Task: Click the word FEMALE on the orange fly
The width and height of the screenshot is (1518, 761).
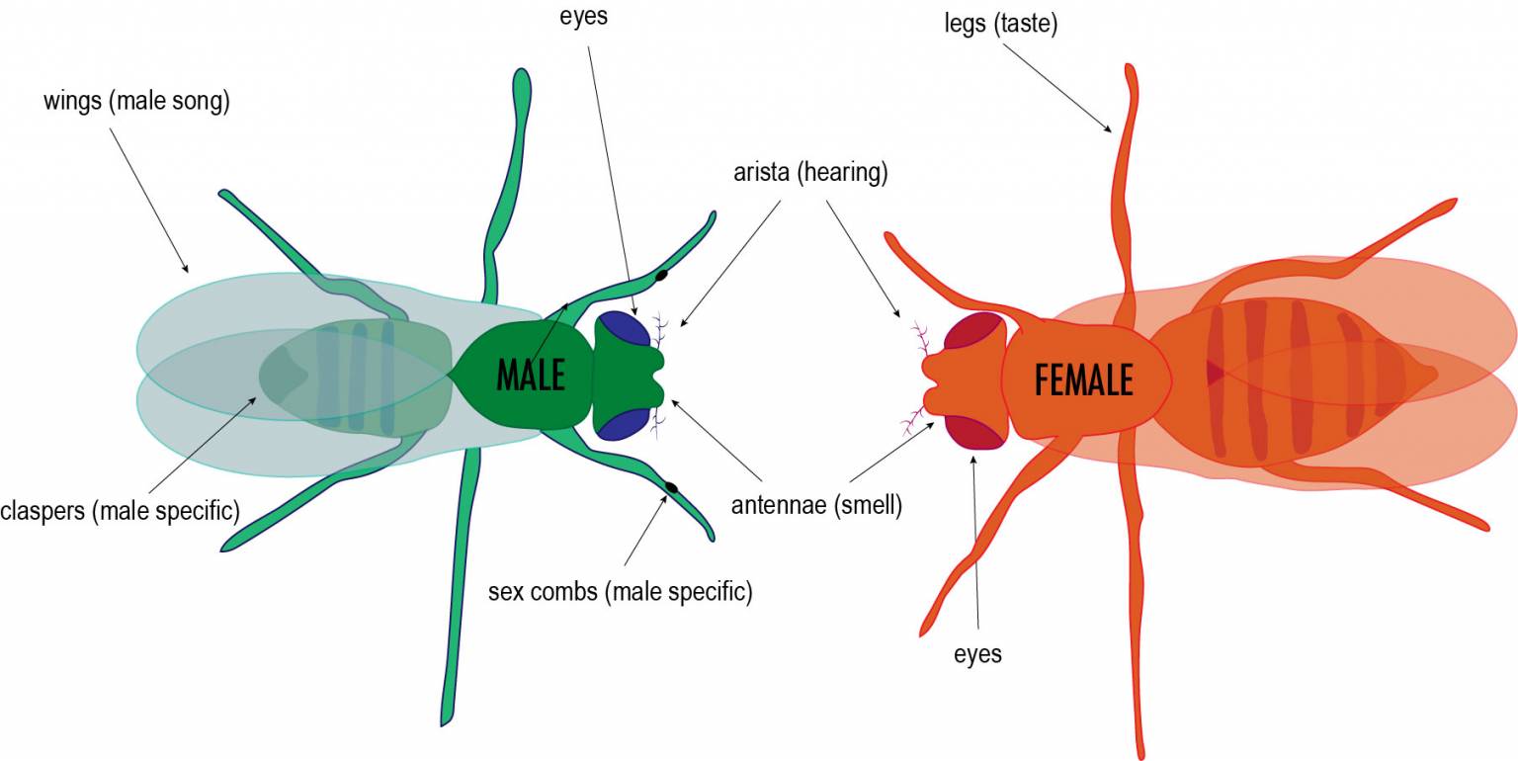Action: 1083,380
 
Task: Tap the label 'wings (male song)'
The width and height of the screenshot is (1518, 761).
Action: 137,101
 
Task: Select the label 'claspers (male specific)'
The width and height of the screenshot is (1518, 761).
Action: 120,510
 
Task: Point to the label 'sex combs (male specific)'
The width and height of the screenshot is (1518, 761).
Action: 620,592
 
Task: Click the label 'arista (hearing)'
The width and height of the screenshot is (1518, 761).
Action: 810,172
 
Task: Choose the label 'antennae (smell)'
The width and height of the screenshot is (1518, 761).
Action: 816,505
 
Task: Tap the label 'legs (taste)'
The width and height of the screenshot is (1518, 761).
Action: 1001,24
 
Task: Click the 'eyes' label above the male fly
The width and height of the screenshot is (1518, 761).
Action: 583,16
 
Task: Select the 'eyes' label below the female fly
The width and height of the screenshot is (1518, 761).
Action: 977,654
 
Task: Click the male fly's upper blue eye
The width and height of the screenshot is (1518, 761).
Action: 622,328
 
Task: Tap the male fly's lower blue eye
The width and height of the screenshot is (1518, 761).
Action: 622,425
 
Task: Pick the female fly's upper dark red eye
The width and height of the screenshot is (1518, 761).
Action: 973,330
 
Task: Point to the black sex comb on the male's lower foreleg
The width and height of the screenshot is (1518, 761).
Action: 672,487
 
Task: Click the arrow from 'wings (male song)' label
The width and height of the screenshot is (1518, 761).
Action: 149,201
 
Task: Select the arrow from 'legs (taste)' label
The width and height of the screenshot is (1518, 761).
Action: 1057,88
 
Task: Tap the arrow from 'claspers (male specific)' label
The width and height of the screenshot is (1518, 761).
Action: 202,445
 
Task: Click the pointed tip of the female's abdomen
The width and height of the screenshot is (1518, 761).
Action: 1435,374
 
